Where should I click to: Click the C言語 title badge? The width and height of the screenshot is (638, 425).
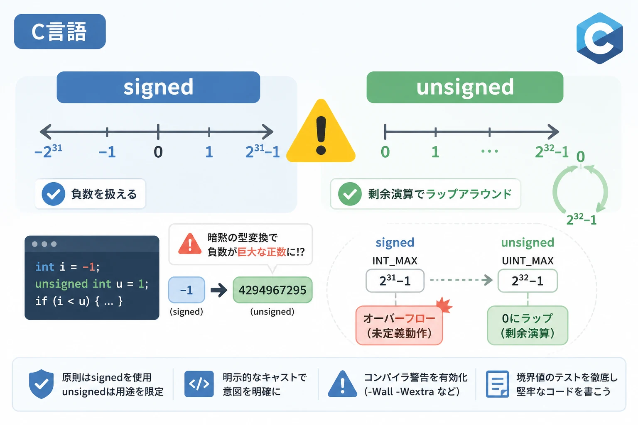(x=60, y=31)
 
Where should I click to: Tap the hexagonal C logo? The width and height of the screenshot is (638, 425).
(x=599, y=38)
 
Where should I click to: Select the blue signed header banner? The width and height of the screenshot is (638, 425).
(x=158, y=87)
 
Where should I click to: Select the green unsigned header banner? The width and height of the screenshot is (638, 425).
(x=465, y=87)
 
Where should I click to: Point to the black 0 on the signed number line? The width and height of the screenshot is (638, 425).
(x=158, y=152)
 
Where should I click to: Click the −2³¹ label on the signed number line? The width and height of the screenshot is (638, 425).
(x=48, y=151)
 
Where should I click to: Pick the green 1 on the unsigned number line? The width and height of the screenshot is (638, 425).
(x=435, y=152)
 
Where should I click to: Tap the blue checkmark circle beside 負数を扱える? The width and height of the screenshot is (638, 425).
(x=53, y=194)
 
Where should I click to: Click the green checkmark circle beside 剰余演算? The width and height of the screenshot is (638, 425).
(x=350, y=194)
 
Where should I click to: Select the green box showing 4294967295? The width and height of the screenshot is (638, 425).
(x=272, y=290)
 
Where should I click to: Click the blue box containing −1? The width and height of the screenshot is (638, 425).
(x=186, y=290)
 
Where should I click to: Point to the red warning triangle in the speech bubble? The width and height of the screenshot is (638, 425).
(x=190, y=244)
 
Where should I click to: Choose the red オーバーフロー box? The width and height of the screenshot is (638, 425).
(x=399, y=325)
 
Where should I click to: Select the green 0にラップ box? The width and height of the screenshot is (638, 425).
(x=528, y=325)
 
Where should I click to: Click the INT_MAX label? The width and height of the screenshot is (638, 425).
(x=395, y=261)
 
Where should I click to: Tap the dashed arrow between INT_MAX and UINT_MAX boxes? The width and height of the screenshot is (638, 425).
(x=461, y=280)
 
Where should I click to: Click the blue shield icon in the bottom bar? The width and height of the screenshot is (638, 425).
(x=41, y=384)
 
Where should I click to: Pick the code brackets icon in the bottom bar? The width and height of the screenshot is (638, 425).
(x=199, y=384)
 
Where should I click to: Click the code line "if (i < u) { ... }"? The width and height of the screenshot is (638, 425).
(x=79, y=301)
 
